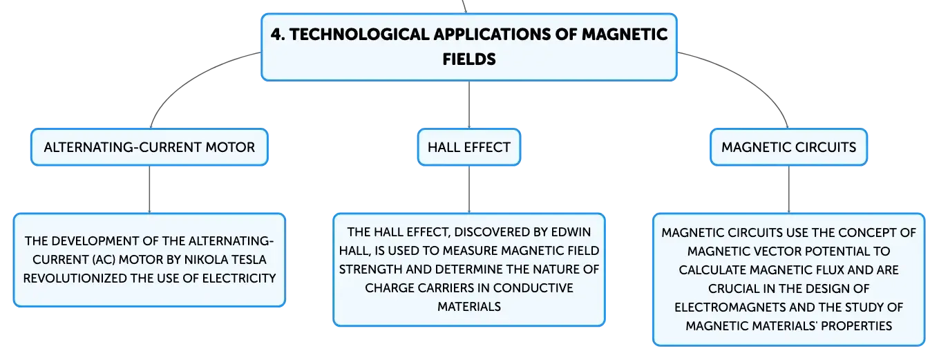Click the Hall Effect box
click(468, 147)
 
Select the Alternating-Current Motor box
click(149, 147)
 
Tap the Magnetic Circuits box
click(788, 147)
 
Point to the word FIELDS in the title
click(469, 59)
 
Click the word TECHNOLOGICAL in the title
click(359, 35)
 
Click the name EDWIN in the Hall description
click(571, 232)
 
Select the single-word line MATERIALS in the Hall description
click(469, 307)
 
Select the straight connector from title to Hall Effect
click(469, 105)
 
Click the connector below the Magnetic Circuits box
click(789, 189)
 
